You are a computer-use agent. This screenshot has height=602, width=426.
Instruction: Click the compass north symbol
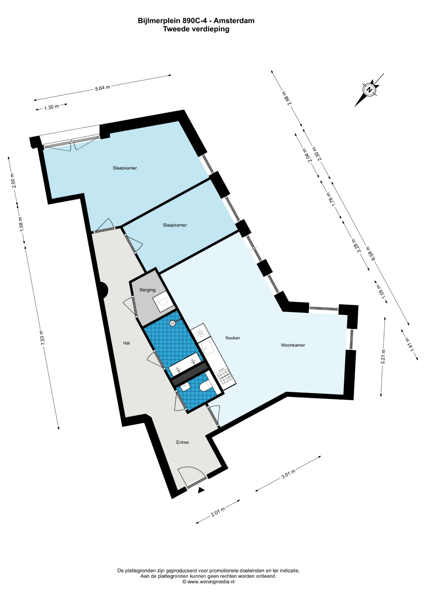pyautogui.click(x=370, y=90)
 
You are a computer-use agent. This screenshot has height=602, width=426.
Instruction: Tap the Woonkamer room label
pyautogui.click(x=293, y=345)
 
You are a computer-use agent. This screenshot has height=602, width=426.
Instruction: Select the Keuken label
pyautogui.click(x=233, y=338)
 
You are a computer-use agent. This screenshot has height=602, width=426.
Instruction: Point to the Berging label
pyautogui.click(x=147, y=290)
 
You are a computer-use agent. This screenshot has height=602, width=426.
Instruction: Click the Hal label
pyautogui.click(x=126, y=343)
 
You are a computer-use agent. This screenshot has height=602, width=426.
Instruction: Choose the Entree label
pyautogui.click(x=183, y=442)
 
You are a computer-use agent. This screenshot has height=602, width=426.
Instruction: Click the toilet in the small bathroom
pyautogui.click(x=205, y=386)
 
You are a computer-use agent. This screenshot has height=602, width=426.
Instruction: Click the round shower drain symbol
pyautogui.click(x=173, y=323)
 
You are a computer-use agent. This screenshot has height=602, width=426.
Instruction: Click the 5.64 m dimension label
pyautogui.click(x=103, y=88)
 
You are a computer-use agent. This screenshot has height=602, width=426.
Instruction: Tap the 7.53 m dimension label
pyautogui.click(x=42, y=338)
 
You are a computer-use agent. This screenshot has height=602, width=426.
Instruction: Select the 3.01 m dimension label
pyautogui.click(x=288, y=474)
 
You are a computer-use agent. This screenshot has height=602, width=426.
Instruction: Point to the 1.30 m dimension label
pyautogui.click(x=51, y=107)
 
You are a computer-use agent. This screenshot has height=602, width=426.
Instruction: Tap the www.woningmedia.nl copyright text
pyautogui.click(x=208, y=582)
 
